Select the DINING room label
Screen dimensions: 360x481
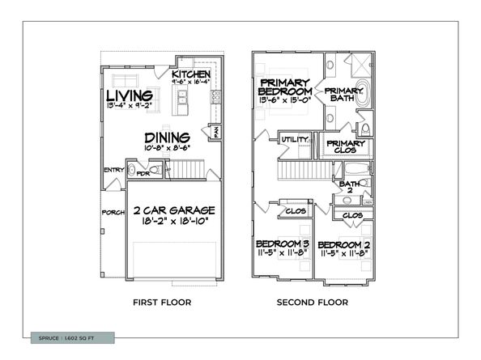point(168,137)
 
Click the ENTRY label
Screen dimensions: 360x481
point(113,170)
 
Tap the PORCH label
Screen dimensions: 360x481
point(113,214)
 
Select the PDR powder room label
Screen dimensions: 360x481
point(143,173)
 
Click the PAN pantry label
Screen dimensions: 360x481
point(216,129)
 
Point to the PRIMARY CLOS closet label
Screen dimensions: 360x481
point(346,146)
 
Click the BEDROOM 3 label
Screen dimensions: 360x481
point(283,244)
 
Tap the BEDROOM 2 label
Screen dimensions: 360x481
point(343,244)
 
